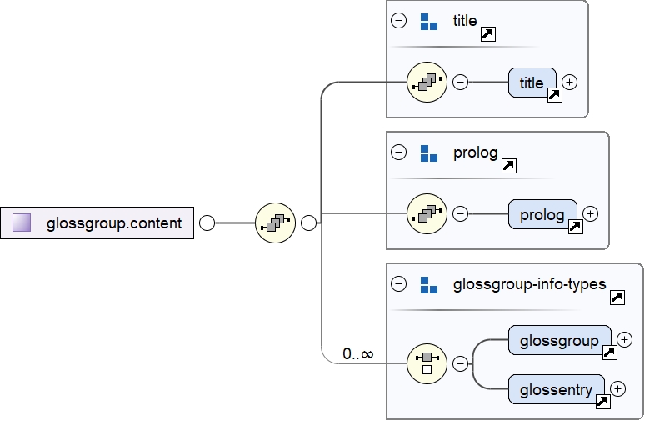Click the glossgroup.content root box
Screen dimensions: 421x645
coord(97,223)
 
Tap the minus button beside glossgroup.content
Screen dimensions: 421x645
coord(207,223)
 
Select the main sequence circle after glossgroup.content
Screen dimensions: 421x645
coord(275,223)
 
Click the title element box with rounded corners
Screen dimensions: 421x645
coord(532,83)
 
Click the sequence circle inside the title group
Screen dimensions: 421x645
coord(427,83)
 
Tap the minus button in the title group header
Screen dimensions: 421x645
coord(399,21)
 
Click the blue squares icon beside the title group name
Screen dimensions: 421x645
coord(429,22)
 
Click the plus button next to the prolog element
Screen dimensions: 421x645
coord(591,213)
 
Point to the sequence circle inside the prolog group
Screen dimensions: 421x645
coord(427,213)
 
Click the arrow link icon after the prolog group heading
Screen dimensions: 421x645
coord(509,165)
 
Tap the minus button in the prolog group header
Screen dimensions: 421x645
coord(399,153)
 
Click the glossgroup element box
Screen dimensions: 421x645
coord(559,340)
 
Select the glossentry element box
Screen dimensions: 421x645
coord(556,389)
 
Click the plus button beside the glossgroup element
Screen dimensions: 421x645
coord(625,339)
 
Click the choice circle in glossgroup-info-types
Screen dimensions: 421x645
coord(427,363)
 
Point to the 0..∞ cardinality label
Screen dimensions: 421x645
coord(358,354)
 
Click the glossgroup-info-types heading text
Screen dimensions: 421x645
coord(529,284)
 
